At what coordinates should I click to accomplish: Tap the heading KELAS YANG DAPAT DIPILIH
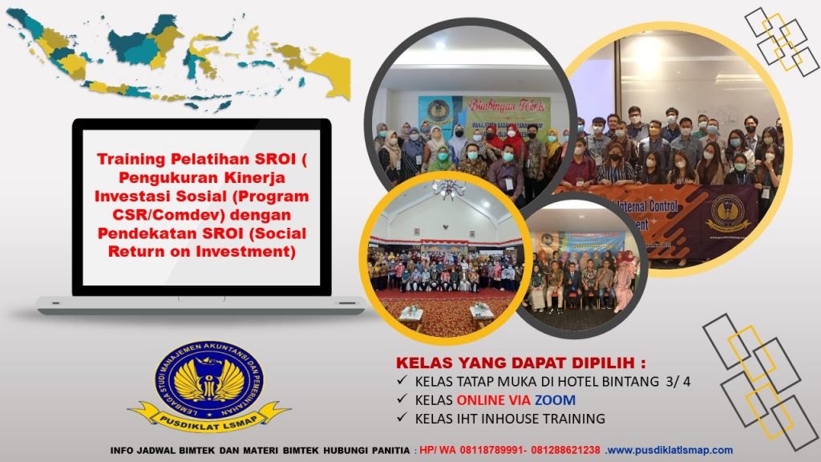[521, 362]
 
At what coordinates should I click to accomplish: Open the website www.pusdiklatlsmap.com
[669, 450]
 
